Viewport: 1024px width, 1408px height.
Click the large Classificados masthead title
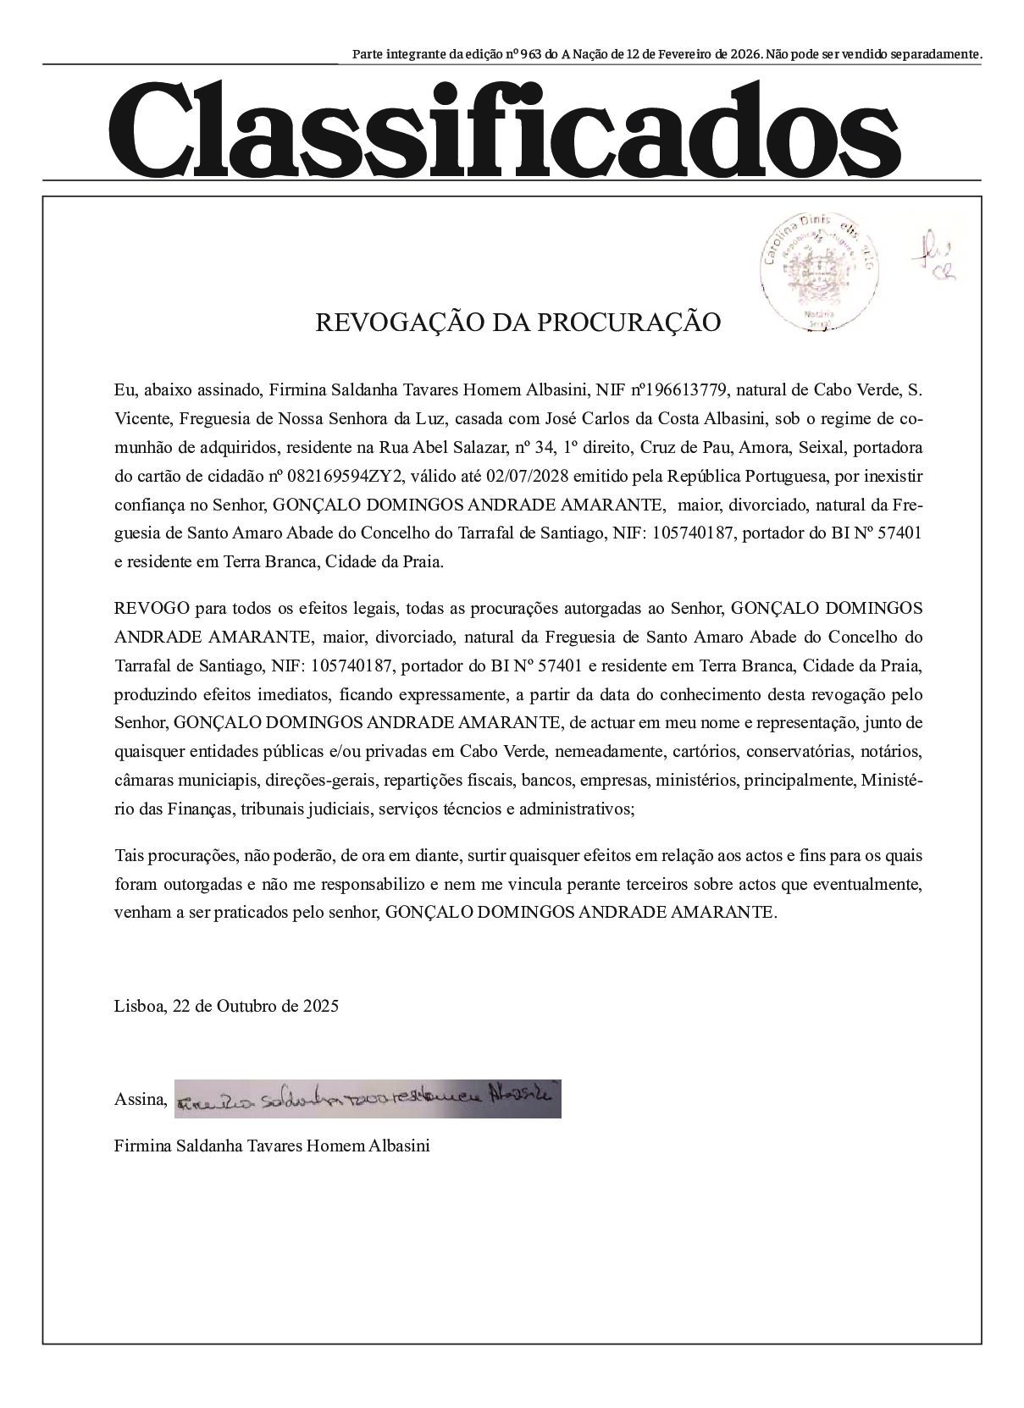(x=505, y=127)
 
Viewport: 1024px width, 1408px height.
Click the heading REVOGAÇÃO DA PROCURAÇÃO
(x=518, y=323)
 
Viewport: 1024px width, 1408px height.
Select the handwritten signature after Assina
(x=368, y=1099)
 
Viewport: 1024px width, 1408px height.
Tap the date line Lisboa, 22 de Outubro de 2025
(x=226, y=1006)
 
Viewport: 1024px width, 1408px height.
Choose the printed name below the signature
(x=272, y=1146)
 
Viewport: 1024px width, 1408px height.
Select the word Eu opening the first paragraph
(x=124, y=390)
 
